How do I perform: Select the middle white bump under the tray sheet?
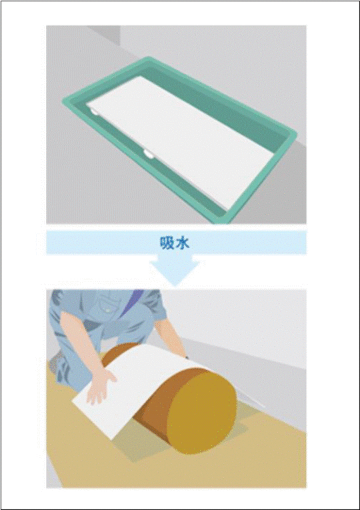[148, 154]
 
